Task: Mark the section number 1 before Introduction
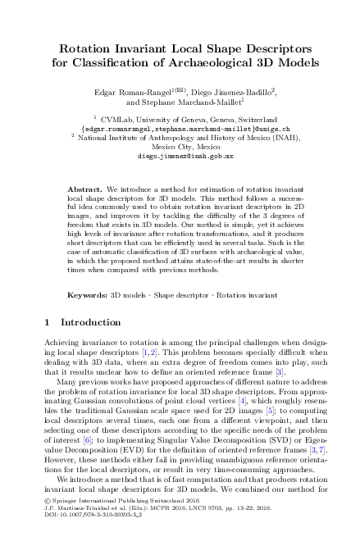(x=45, y=322)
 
